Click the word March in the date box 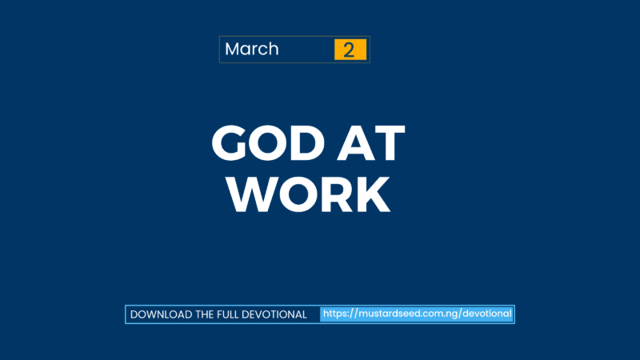251,49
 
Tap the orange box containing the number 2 350,50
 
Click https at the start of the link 337,314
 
